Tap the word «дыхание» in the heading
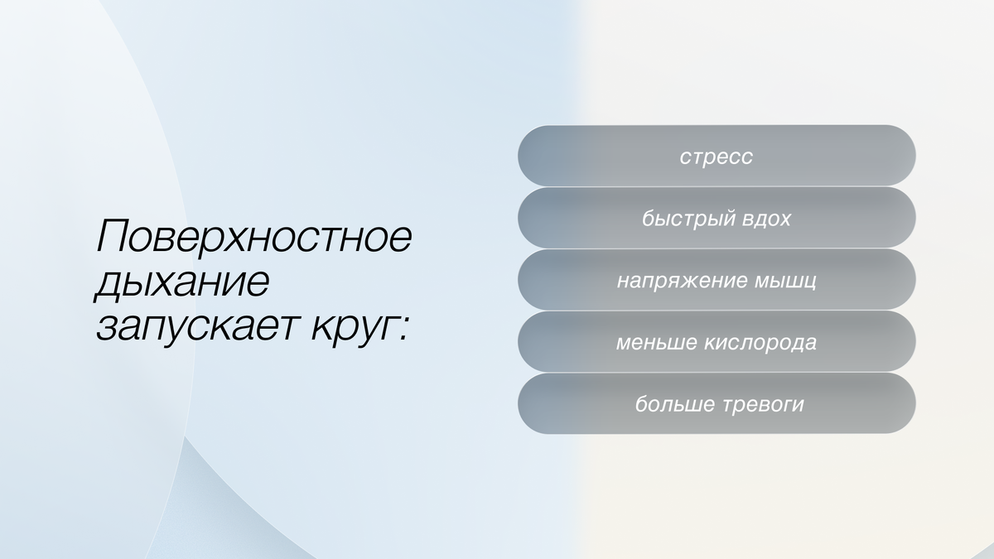[181, 283]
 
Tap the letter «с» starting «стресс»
[685, 157]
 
